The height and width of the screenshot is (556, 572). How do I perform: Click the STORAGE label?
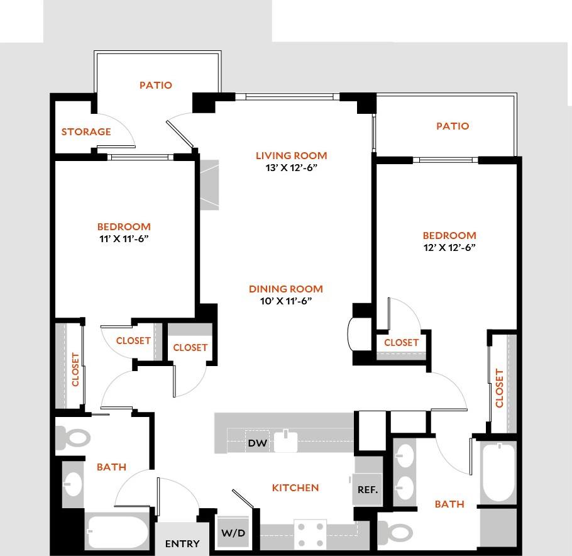click(x=86, y=132)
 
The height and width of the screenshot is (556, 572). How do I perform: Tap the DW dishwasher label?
click(x=258, y=443)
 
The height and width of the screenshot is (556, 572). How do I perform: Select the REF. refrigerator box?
click(x=368, y=489)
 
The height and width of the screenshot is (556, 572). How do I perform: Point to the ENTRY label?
click(x=182, y=543)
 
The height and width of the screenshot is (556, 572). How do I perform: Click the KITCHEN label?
click(x=295, y=487)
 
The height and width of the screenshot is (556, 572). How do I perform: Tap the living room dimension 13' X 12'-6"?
click(x=291, y=168)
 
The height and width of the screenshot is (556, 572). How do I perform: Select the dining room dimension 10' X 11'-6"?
click(x=286, y=301)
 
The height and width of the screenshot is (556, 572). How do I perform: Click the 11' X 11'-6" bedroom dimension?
click(x=124, y=239)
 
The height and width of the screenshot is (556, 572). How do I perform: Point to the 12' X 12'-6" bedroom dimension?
click(x=449, y=248)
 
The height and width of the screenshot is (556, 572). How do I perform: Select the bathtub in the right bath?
click(x=498, y=472)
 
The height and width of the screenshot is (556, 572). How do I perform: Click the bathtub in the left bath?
click(x=116, y=532)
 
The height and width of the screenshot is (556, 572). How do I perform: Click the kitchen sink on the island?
click(x=289, y=440)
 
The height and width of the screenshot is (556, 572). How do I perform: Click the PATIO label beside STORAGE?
click(x=156, y=85)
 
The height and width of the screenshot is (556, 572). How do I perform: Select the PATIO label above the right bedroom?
click(x=453, y=126)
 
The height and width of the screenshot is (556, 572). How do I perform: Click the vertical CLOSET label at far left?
click(x=76, y=370)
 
